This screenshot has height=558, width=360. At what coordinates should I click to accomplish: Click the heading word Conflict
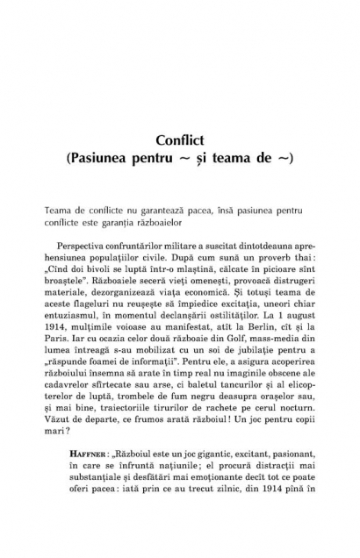pyautogui.click(x=179, y=140)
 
